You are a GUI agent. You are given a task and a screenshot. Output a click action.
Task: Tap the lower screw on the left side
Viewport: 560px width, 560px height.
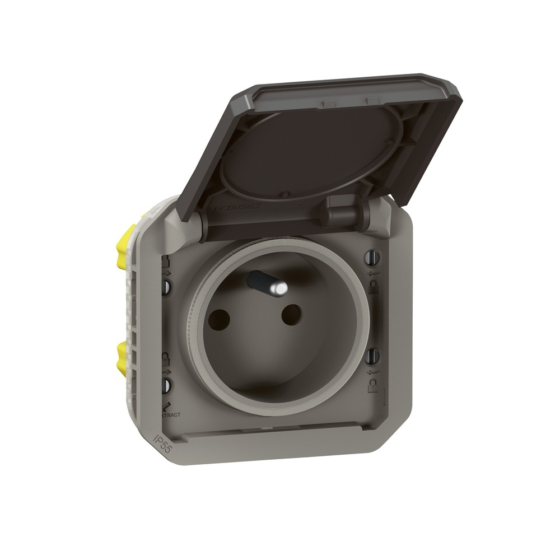[167, 385]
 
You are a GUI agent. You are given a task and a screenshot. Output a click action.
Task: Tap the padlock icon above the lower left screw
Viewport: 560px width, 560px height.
[166, 358]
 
